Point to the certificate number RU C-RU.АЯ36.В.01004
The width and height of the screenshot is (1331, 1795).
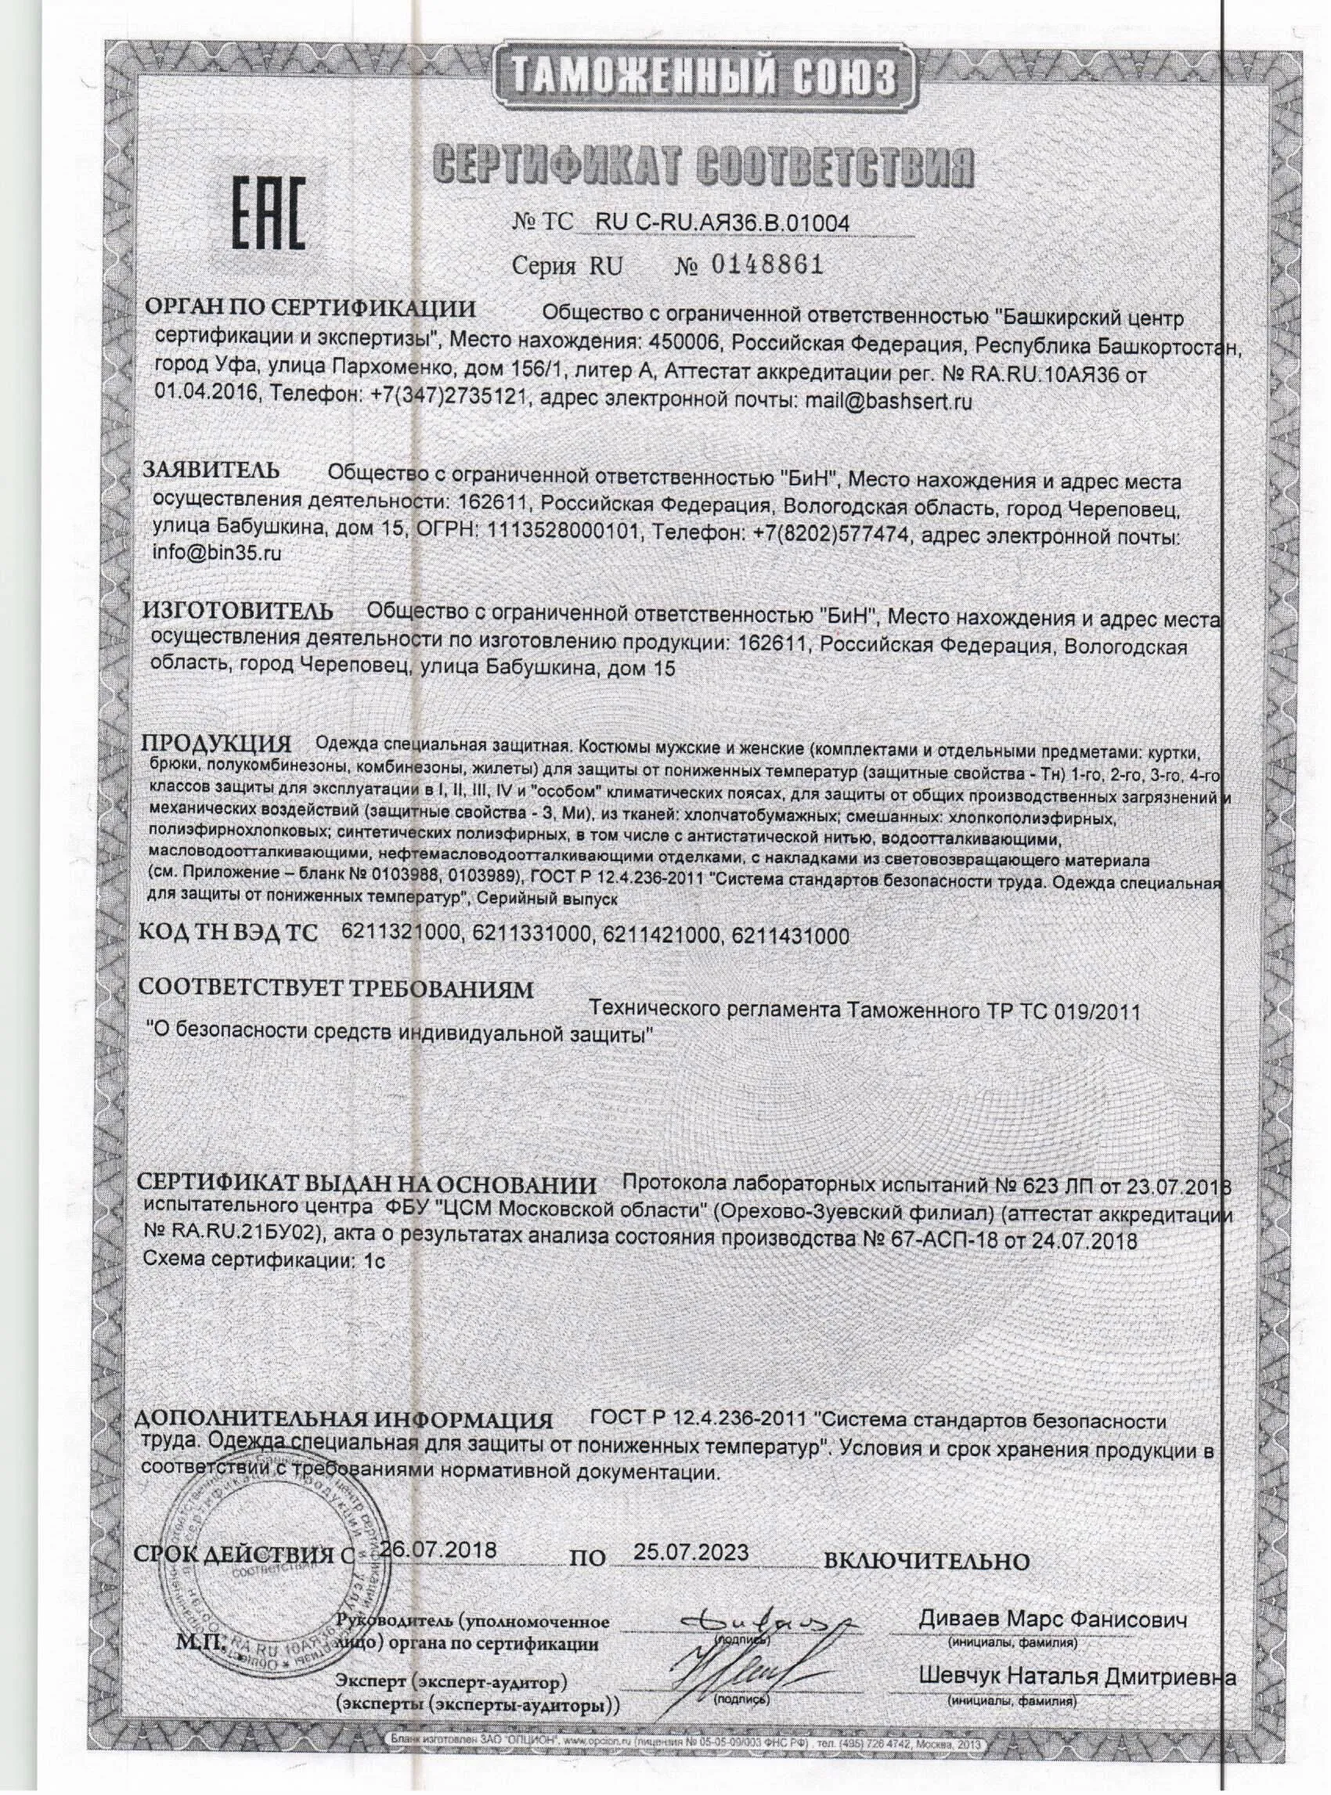pos(721,222)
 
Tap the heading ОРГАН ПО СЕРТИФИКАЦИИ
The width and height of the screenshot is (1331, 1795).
pos(310,309)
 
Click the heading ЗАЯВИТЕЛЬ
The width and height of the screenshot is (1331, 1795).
pos(212,471)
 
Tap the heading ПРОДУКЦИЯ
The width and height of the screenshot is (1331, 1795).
pos(215,742)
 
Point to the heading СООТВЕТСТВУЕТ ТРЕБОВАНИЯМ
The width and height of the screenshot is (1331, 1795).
pos(336,988)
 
